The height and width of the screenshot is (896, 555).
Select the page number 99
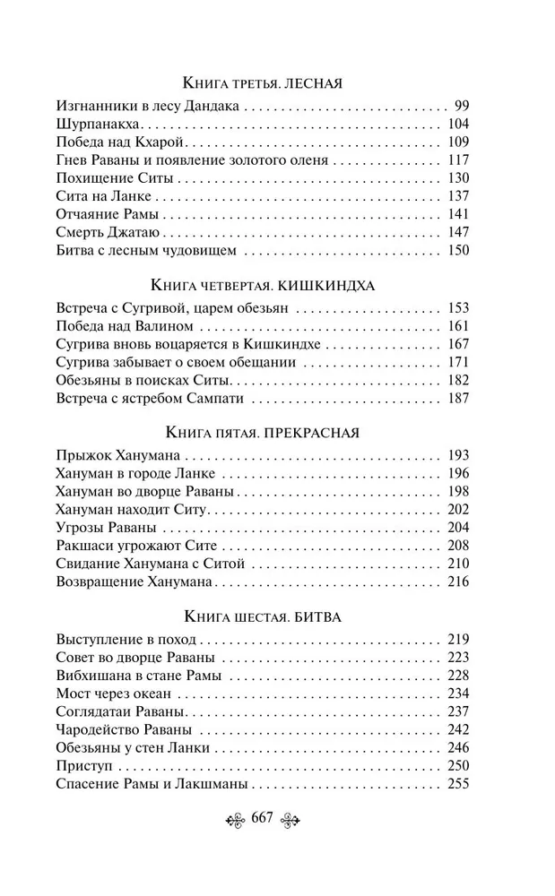point(462,105)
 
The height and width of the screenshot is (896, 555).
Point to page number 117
point(457,160)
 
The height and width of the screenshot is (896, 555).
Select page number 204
point(457,528)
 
